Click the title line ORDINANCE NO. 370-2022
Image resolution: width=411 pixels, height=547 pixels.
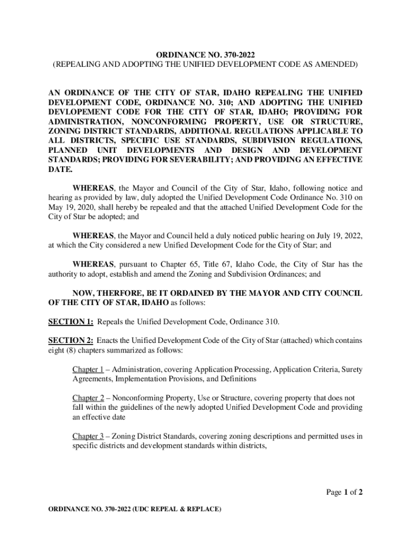coord(205,54)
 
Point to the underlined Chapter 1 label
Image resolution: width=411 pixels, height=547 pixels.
coord(88,370)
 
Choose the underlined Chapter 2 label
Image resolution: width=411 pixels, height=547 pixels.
coord(88,398)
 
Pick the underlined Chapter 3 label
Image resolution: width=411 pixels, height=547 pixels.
coord(88,436)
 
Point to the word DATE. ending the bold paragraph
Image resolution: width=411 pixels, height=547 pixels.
coord(60,169)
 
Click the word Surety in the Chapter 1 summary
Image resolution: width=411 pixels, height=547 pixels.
coord(351,370)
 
